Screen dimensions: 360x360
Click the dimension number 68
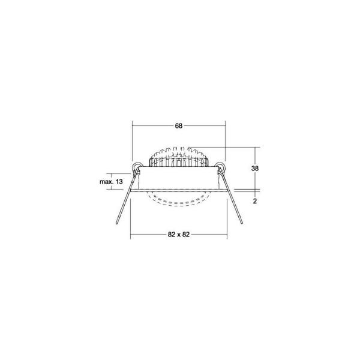click(179, 126)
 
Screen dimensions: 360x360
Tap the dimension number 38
click(255, 169)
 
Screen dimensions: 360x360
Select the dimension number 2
click(255, 201)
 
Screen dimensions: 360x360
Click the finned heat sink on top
click(178, 157)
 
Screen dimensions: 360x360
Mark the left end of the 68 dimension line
click(131, 126)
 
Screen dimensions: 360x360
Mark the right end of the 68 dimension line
click(225, 126)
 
